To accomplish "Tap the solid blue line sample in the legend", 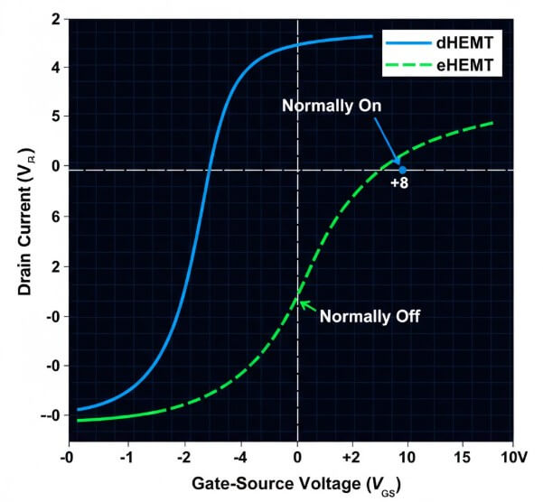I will coord(407,42).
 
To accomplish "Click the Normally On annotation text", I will coord(332,106).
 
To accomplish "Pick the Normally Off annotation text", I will coord(369,316).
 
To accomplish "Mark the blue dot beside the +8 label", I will coord(403,169).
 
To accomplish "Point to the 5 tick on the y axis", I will coord(56,116).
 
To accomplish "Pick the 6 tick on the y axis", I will coord(56,217).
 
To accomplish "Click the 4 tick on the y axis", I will coord(56,67).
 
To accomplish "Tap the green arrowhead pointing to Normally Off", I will coord(303,304).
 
